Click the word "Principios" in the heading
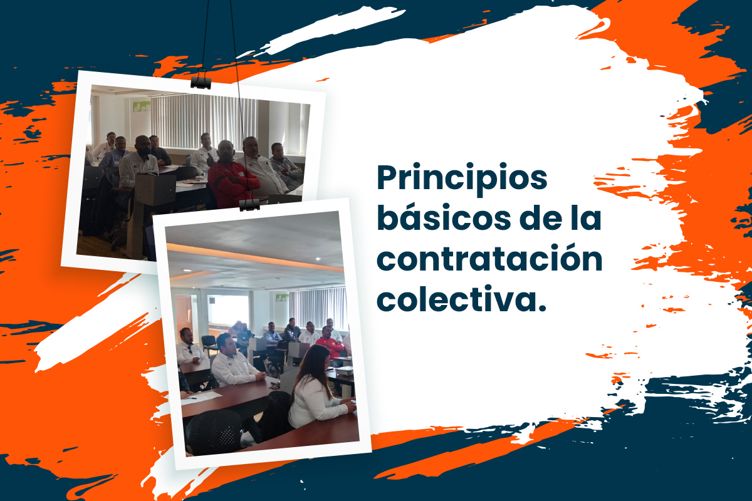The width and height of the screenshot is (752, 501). tap(462, 178)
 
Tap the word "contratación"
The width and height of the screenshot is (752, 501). tap(489, 258)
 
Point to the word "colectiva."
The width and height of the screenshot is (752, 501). tap(462, 298)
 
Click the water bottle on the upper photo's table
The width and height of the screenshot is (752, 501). tap(206, 172)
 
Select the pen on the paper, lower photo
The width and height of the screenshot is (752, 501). tap(192, 398)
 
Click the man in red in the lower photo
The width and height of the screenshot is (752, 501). tap(330, 344)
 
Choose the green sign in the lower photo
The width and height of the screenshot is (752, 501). tap(282, 297)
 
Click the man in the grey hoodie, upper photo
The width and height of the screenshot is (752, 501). tap(285, 165)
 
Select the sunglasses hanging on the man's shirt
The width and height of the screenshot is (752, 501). tap(191, 350)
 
